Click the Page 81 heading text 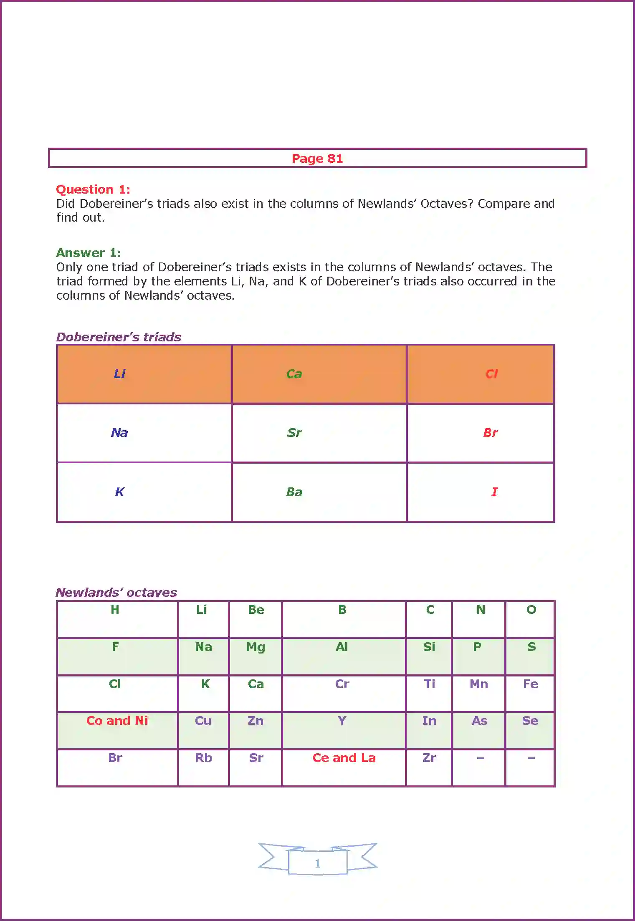pyautogui.click(x=317, y=159)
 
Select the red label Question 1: pyautogui.click(x=93, y=189)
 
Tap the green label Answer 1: pyautogui.click(x=89, y=253)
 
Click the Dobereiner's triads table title pyautogui.click(x=119, y=337)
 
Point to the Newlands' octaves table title pyautogui.click(x=116, y=593)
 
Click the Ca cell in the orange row pyautogui.click(x=294, y=374)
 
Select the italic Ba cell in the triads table pyautogui.click(x=294, y=492)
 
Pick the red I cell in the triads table pyautogui.click(x=494, y=492)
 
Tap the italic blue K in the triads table pyautogui.click(x=119, y=492)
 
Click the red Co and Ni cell pyautogui.click(x=117, y=721)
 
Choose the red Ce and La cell pyautogui.click(x=344, y=758)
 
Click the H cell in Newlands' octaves pyautogui.click(x=115, y=610)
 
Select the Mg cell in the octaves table pyautogui.click(x=256, y=647)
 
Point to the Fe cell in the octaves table pyautogui.click(x=530, y=684)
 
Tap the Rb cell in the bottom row pyautogui.click(x=204, y=758)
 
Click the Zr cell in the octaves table pyautogui.click(x=429, y=758)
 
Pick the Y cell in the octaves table pyautogui.click(x=342, y=721)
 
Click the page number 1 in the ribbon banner pyautogui.click(x=317, y=863)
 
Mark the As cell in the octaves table pyautogui.click(x=479, y=721)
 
